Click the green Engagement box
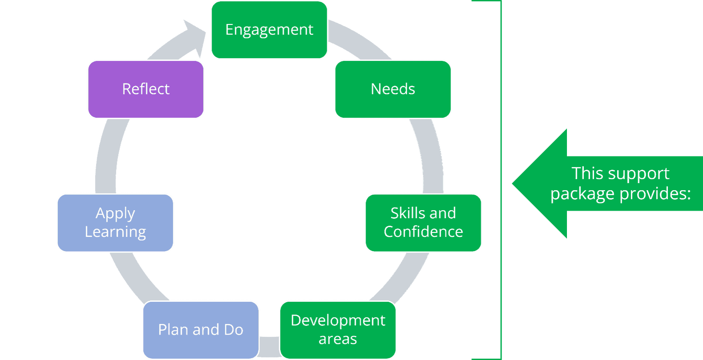coord(269,30)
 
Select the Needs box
coord(393,89)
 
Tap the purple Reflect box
coord(146,89)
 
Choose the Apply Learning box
coord(115,223)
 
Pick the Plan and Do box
coord(201,330)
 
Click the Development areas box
coord(337,330)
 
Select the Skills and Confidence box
coord(423,223)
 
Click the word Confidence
coord(423,232)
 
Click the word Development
coord(337,321)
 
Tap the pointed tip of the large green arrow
coord(513,184)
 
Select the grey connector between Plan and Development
coord(269,347)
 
